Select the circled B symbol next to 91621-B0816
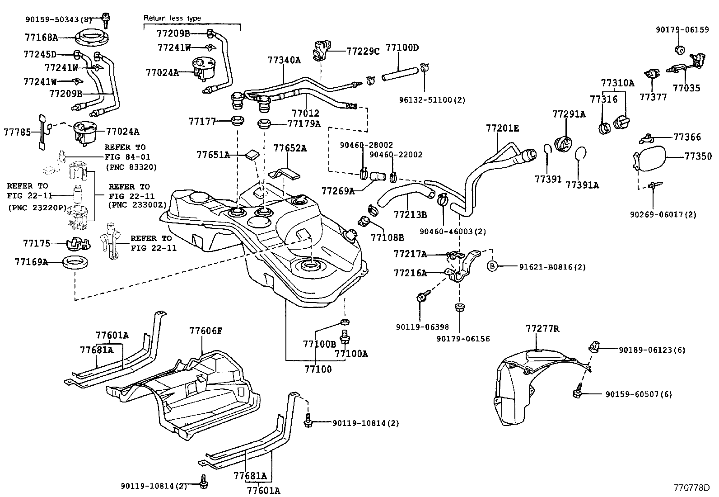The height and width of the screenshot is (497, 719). click(x=492, y=267)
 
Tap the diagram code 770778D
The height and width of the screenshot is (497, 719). click(x=691, y=488)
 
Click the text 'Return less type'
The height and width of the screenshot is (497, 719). click(x=172, y=19)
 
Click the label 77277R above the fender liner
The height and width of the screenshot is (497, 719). click(x=542, y=329)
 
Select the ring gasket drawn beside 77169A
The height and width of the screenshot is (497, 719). click(x=75, y=262)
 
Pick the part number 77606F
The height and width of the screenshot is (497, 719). click(x=205, y=331)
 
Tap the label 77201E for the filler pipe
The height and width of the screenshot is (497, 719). click(x=502, y=128)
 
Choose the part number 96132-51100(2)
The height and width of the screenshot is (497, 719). click(x=432, y=100)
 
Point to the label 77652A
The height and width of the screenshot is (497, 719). click(x=290, y=148)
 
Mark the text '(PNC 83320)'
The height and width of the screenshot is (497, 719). click(x=131, y=167)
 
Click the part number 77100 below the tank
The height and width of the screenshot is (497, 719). click(x=318, y=369)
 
